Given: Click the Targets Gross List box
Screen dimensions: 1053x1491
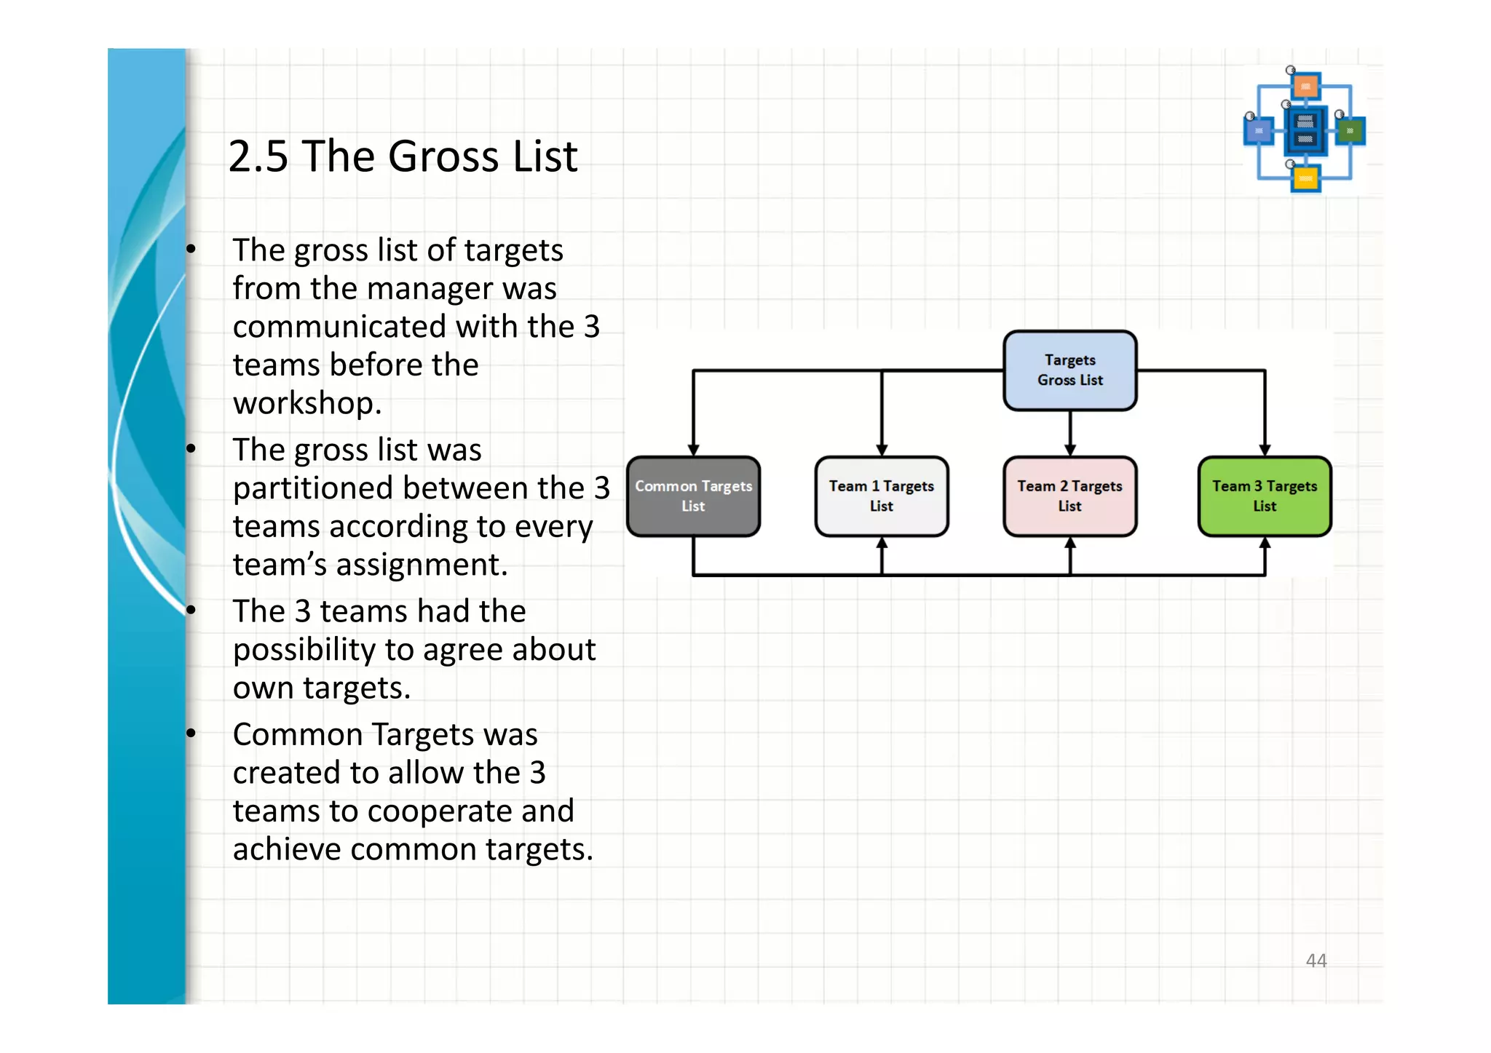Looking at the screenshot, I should pos(1069,370).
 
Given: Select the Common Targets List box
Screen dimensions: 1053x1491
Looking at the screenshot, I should pos(693,496).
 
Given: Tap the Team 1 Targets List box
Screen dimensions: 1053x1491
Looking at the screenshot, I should pos(881,496).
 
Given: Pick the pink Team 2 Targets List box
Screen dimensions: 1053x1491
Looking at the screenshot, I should pos(1069,496).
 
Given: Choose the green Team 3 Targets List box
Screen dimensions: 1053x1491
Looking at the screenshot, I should pos(1265,496).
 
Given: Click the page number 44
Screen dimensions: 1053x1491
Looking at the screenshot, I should pos(1316,961).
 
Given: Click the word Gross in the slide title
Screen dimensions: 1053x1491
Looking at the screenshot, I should pos(443,156).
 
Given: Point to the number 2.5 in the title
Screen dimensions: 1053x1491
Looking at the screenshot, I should pos(258,156).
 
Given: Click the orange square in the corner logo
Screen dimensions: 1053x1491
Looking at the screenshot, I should pos(1306,87).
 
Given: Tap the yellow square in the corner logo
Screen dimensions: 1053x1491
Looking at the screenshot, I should pos(1305,178).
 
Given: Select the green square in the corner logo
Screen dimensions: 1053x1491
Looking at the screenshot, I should pos(1350,131).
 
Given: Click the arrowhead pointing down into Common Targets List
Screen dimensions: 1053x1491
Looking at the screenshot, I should pos(693,449).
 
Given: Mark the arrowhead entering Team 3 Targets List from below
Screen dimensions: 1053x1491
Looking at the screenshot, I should pos(1265,544).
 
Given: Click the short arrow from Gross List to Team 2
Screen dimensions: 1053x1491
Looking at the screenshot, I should pos(1069,432).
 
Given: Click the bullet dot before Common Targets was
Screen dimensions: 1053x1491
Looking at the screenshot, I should pos(191,734).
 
